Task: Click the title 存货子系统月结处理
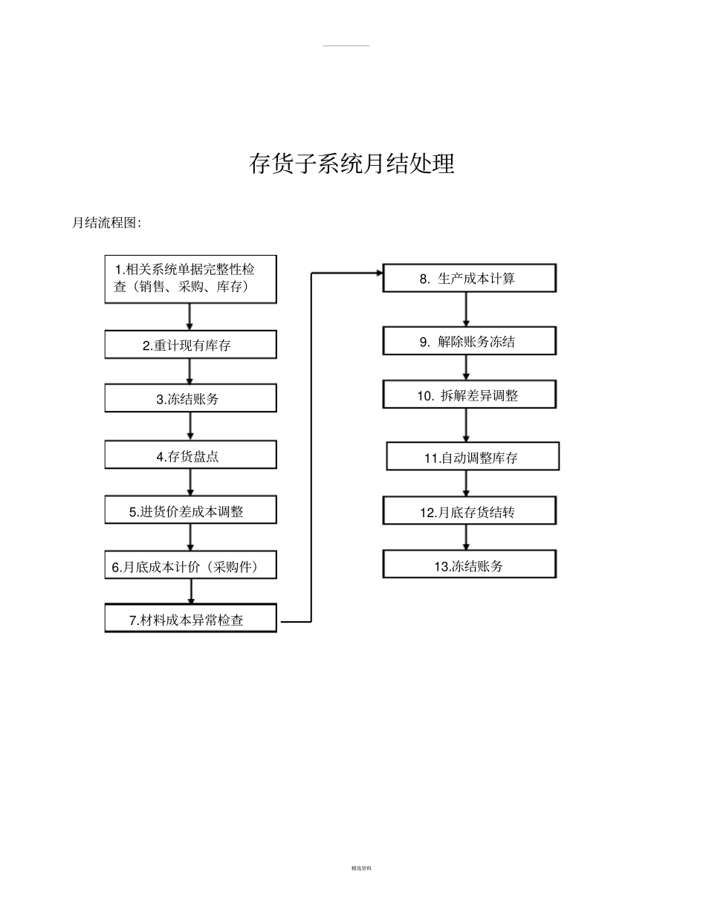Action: click(x=352, y=164)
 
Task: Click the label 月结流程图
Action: click(x=106, y=222)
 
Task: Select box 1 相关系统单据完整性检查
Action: click(x=190, y=279)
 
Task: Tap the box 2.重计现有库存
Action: click(x=190, y=345)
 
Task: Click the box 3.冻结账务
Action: click(x=190, y=398)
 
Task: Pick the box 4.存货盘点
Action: click(x=190, y=456)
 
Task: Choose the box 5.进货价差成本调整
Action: click(x=190, y=511)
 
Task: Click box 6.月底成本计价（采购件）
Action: click(x=190, y=566)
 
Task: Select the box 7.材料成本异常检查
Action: click(x=190, y=619)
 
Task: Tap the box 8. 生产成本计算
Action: click(x=469, y=279)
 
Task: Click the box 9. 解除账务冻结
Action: click(x=469, y=341)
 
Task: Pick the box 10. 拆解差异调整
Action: click(x=469, y=395)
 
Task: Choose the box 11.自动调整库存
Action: click(x=473, y=457)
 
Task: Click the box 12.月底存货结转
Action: click(x=469, y=511)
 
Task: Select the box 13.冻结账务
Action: click(x=469, y=565)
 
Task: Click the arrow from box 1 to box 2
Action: click(x=190, y=317)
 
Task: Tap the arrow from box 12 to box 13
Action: click(x=467, y=537)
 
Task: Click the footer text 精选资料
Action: click(x=361, y=868)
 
